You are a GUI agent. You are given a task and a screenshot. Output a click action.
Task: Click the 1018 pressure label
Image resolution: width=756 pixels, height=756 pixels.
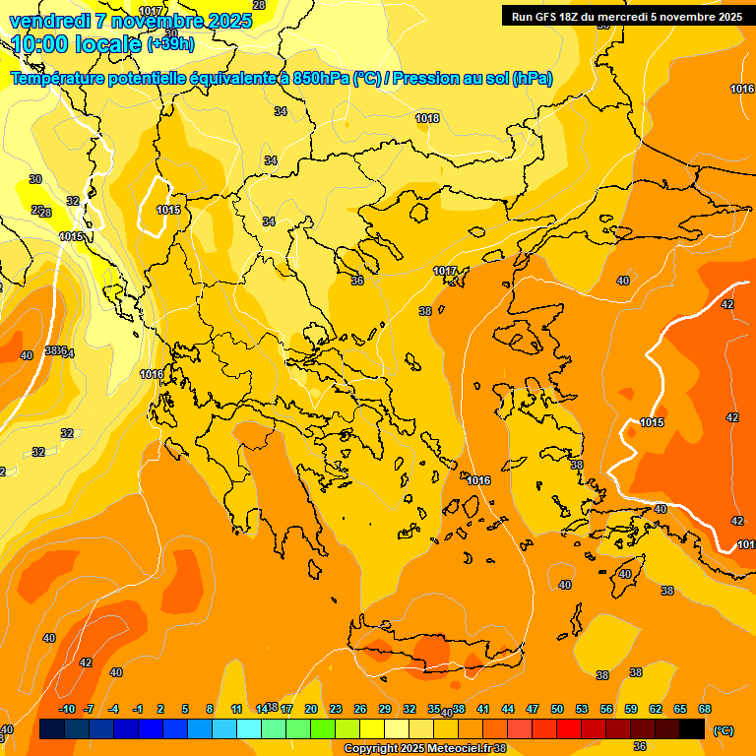427,118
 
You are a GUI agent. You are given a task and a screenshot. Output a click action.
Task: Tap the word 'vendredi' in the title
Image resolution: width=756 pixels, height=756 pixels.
49,21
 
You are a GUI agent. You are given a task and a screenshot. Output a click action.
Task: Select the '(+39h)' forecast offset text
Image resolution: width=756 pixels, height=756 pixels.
170,44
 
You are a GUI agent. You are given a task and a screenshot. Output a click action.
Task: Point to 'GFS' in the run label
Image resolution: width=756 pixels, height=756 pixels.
550,16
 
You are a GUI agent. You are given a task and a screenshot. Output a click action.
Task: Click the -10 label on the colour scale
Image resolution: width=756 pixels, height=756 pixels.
67,709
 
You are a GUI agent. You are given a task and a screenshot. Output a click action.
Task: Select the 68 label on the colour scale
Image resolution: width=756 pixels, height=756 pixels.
705,709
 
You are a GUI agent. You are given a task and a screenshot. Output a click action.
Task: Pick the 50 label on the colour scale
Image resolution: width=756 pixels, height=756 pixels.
557,709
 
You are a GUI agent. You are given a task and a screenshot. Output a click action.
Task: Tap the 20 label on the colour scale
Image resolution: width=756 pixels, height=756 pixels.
311,709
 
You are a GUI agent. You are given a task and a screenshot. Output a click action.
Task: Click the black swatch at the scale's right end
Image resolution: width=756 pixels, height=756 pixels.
692,728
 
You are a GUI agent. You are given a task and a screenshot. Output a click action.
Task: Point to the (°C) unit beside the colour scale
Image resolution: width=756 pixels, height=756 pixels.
724,729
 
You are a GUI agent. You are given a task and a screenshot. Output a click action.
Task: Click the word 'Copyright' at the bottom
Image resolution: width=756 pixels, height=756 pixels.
372,749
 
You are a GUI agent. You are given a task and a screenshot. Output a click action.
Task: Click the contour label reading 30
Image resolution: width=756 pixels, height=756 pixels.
35,179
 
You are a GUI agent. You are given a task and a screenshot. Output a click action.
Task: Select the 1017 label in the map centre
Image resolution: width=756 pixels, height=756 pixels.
446,271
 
